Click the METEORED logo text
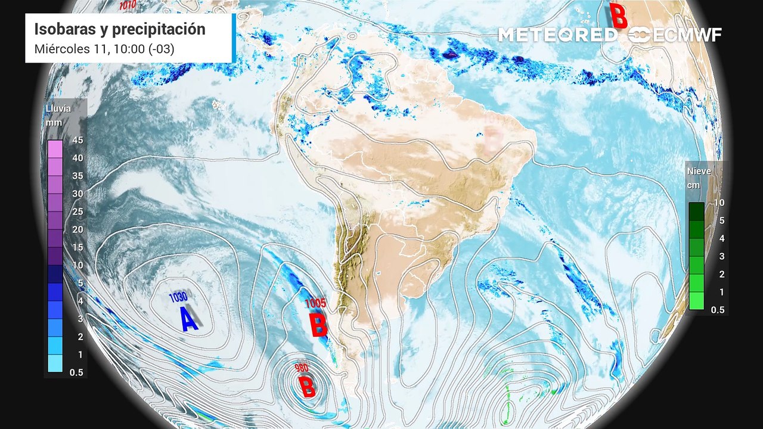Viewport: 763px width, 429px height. (557, 35)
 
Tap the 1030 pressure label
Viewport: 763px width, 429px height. (178, 297)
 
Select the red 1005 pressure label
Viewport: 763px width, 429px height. (315, 303)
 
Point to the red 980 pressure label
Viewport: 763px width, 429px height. (302, 368)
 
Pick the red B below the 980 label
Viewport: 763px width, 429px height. (307, 388)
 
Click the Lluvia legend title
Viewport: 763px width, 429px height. (58, 108)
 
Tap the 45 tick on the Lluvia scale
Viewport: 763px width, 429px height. (77, 140)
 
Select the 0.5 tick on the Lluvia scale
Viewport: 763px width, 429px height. (76, 372)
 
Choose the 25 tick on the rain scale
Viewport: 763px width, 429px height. (77, 212)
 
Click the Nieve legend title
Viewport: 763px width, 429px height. (699, 171)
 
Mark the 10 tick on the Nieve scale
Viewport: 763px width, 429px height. (719, 203)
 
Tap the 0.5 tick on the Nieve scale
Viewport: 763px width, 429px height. (718, 310)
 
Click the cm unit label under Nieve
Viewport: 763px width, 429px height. (693, 185)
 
